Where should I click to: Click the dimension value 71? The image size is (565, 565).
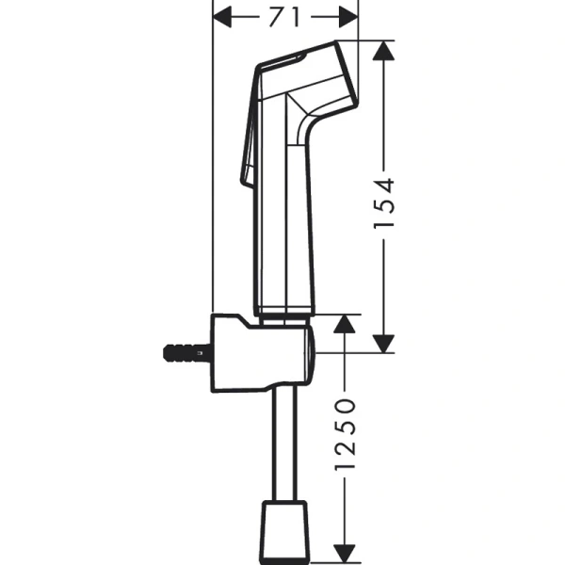tap(285, 16)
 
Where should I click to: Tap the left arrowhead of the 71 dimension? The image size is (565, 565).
tap(224, 16)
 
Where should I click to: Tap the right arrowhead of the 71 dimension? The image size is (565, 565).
tap(349, 16)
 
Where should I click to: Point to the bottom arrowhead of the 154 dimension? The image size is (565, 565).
tap(381, 341)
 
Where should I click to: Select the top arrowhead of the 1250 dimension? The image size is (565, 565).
tap(345, 326)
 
